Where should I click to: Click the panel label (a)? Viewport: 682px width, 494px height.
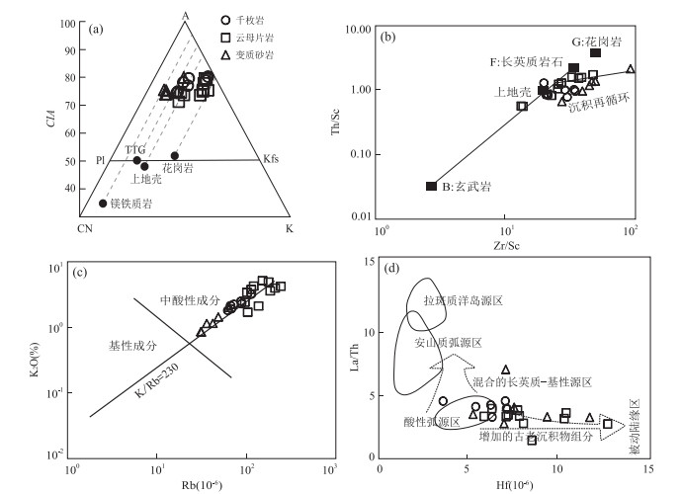(x=96, y=30)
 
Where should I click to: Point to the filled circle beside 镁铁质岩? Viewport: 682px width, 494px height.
(x=103, y=204)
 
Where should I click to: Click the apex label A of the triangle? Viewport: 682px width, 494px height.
(x=185, y=13)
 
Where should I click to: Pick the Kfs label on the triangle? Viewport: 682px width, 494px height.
(x=270, y=158)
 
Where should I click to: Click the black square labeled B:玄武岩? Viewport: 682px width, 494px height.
(x=431, y=186)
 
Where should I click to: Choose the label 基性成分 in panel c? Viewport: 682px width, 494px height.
(x=131, y=346)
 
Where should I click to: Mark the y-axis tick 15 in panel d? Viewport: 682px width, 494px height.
(x=368, y=261)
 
